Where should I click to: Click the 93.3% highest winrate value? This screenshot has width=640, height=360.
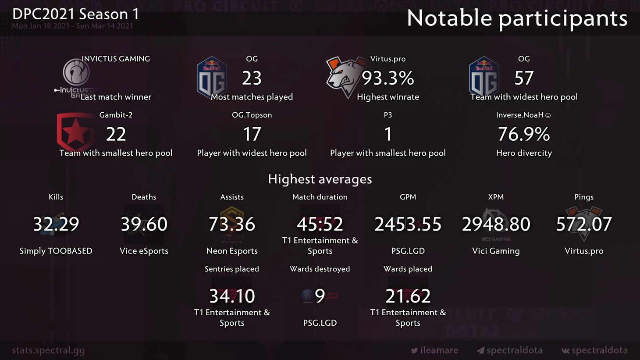(388, 78)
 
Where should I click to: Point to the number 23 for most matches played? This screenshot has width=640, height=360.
(252, 78)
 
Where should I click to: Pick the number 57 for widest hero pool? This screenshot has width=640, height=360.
(524, 78)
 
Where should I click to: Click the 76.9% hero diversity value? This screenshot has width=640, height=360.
(524, 134)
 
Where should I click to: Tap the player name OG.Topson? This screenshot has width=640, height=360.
(252, 115)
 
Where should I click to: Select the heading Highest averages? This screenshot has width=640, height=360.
(320, 179)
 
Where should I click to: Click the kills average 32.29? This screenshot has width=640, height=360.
(56, 225)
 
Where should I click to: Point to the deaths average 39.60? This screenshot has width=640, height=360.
(144, 225)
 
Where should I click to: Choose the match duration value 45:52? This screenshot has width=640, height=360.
(320, 225)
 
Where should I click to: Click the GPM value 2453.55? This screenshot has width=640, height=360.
(408, 225)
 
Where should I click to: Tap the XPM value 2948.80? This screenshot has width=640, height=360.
(496, 225)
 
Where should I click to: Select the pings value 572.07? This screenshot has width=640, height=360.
(584, 225)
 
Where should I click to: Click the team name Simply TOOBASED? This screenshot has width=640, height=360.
(56, 251)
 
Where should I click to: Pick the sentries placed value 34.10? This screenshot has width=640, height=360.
(232, 296)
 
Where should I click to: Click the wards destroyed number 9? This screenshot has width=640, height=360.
(320, 296)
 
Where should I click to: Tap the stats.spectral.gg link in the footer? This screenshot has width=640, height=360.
(49, 350)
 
